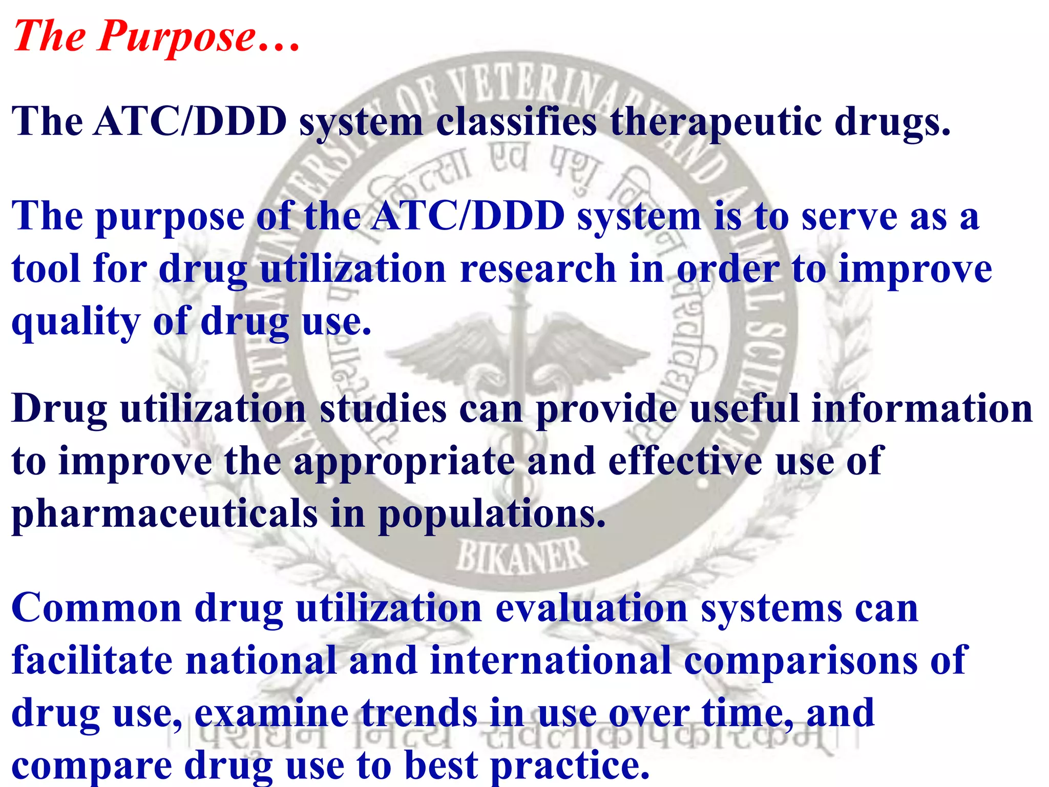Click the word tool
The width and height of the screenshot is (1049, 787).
tap(46, 268)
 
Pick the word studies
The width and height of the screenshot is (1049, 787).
tap(383, 409)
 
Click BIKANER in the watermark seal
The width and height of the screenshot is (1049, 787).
tap(520, 555)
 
